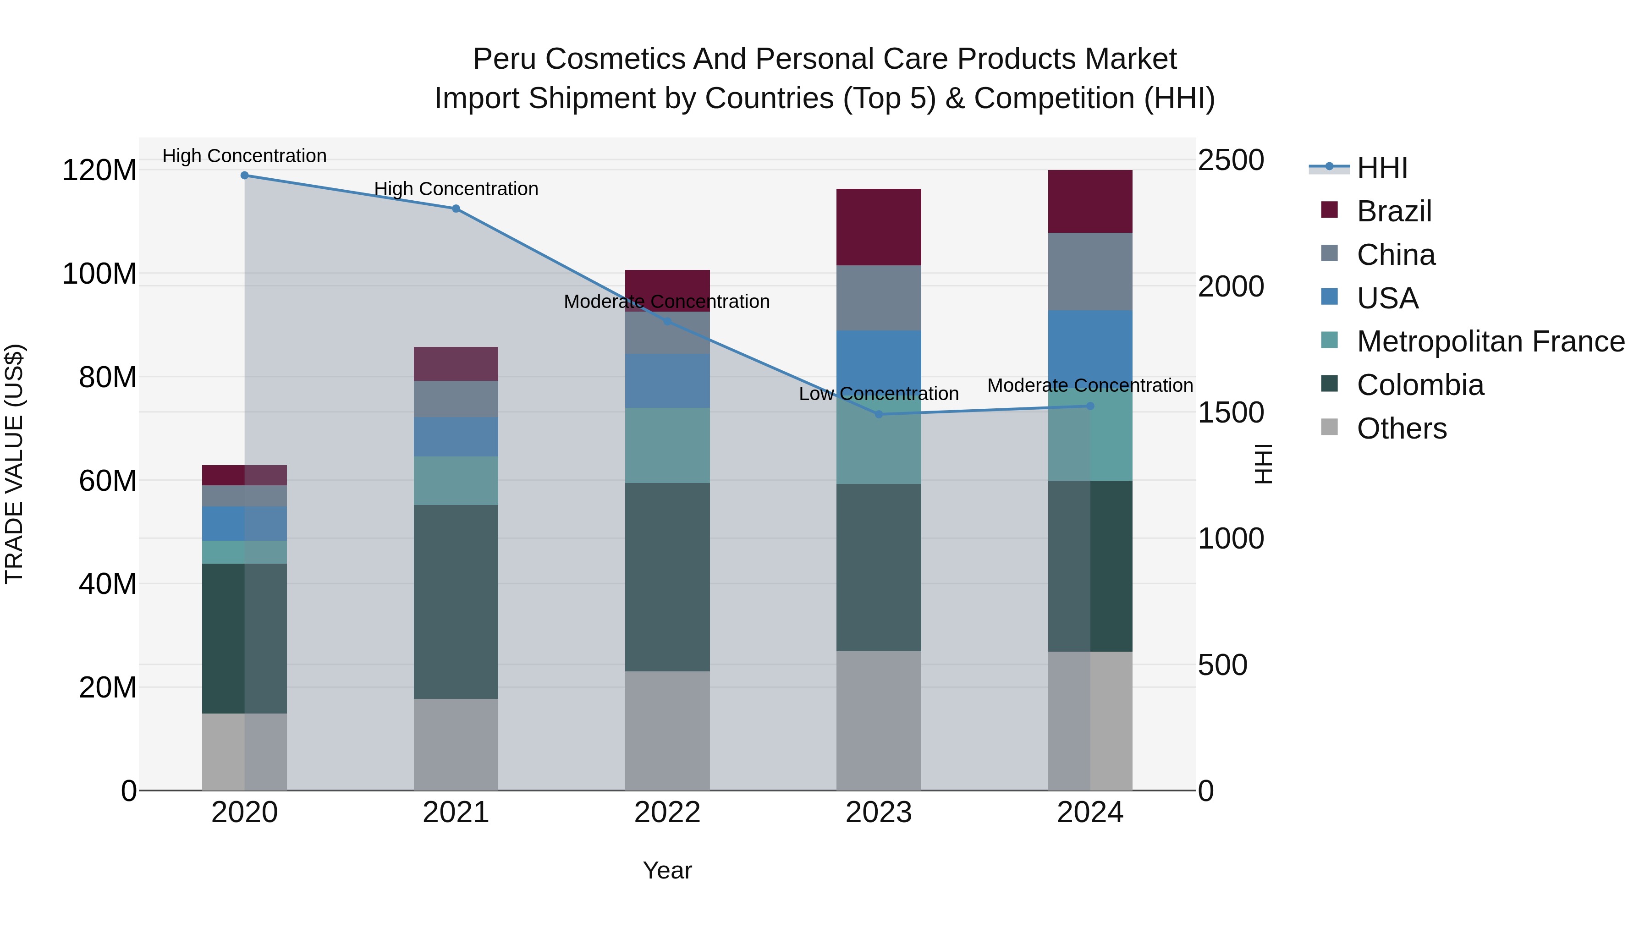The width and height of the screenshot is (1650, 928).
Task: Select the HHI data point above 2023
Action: click(x=879, y=414)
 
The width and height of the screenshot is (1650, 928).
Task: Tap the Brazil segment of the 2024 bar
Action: click(x=1090, y=201)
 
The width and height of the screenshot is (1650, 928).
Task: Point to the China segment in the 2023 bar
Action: click(x=879, y=298)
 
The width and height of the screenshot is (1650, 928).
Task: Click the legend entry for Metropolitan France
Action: click(x=1490, y=341)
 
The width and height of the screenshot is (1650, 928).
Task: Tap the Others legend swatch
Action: click(x=1329, y=427)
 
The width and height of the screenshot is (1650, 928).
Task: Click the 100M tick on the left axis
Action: click(x=99, y=274)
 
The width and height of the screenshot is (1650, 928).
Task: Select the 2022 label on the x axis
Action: click(x=667, y=813)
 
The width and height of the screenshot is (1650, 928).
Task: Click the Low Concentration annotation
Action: click(x=879, y=394)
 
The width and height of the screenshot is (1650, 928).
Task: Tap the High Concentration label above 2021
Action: click(x=456, y=189)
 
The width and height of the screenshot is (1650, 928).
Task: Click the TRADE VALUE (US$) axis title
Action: click(x=14, y=464)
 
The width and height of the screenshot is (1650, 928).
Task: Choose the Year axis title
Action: click(x=667, y=870)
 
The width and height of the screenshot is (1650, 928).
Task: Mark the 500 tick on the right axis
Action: click(x=1222, y=665)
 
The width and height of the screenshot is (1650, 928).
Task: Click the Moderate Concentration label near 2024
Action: click(x=1090, y=385)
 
